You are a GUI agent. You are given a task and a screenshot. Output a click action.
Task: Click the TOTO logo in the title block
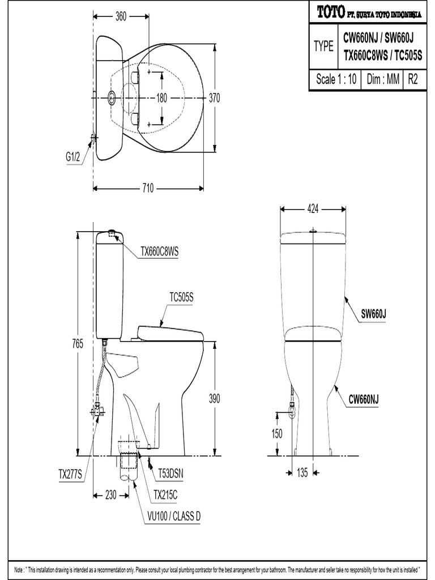(x=329, y=11)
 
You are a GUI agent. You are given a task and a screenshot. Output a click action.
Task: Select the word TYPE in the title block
(x=323, y=46)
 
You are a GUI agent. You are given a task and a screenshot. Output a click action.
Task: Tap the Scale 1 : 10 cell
(x=336, y=80)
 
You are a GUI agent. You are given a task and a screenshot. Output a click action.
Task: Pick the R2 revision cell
(x=413, y=80)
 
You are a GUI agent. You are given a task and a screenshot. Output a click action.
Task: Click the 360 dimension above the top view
(x=121, y=16)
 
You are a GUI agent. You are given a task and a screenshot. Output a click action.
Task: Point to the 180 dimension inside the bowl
(x=161, y=98)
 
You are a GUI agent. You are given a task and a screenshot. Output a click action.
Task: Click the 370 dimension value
(x=214, y=98)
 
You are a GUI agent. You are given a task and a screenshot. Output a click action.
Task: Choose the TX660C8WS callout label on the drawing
(x=159, y=253)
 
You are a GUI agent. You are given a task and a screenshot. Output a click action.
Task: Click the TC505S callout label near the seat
(x=181, y=297)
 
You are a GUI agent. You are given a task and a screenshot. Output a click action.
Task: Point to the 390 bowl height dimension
(x=214, y=398)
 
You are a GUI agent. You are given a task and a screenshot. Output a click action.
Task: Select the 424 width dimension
(x=313, y=209)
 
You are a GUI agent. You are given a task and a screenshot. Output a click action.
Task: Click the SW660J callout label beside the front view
(x=375, y=313)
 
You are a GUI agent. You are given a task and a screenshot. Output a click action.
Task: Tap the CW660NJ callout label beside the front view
(x=363, y=400)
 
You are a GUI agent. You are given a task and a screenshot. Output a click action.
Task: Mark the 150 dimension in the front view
(x=276, y=433)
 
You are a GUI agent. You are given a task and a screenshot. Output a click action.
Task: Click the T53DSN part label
(x=170, y=471)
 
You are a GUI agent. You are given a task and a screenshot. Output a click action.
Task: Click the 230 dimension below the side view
(x=110, y=494)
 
